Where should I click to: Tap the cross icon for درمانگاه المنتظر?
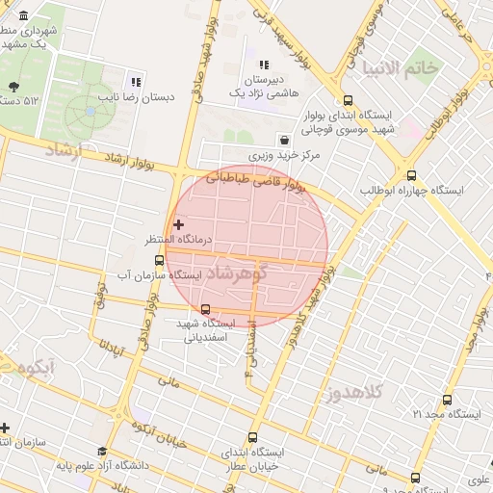[178, 223]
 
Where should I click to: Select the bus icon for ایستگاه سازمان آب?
[158, 260]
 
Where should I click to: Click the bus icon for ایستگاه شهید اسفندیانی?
[205, 309]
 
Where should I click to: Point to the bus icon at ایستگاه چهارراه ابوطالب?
[412, 175]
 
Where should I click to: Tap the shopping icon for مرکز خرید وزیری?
[282, 140]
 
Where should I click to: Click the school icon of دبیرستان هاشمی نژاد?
[263, 65]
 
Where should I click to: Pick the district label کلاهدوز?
[354, 391]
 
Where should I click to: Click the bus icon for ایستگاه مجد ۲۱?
[447, 400]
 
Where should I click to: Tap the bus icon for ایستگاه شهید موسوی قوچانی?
[347, 100]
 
